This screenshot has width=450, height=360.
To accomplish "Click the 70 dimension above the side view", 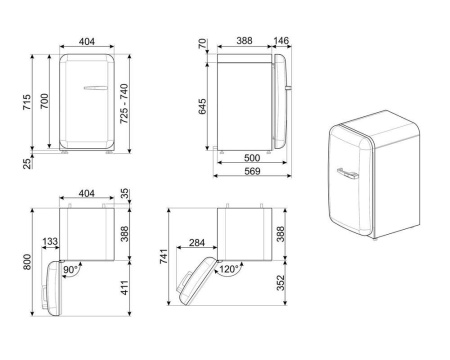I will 203,45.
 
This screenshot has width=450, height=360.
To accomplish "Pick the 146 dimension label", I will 283,41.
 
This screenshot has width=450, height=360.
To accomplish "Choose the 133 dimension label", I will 49,241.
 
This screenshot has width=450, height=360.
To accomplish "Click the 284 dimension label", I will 196,241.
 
